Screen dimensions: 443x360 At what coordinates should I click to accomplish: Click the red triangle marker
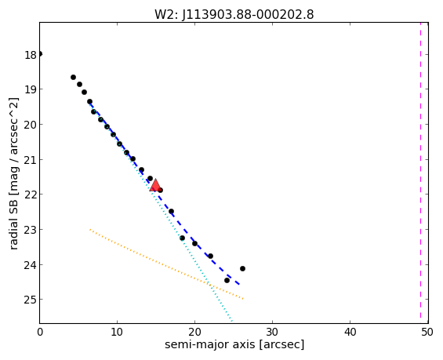155,185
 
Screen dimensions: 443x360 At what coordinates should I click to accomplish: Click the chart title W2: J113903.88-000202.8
234,14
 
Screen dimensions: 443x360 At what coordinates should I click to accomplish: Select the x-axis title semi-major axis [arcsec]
234,344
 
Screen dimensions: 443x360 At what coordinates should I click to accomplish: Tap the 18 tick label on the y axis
31,55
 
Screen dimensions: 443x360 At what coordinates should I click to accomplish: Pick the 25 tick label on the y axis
31,300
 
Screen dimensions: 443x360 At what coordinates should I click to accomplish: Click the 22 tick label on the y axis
31,195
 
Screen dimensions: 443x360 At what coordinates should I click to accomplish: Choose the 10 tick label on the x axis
117,332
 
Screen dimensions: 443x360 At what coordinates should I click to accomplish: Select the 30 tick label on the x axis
272,332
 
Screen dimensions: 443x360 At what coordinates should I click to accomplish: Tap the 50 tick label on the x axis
427,332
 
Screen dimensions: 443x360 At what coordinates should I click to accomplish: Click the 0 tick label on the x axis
40,332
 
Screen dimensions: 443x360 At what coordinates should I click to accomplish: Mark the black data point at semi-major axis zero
40,53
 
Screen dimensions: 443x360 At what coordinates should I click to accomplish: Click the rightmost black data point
242,268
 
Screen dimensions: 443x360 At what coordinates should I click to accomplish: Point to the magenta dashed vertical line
420,173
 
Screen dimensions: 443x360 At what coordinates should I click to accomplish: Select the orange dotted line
166,264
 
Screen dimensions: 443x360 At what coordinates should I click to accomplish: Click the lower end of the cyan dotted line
232,322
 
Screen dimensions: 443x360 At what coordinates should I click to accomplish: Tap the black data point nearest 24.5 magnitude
227,280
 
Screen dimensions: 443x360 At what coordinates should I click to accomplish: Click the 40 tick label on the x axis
350,332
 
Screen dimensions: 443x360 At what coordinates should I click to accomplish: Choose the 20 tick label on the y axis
31,125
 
